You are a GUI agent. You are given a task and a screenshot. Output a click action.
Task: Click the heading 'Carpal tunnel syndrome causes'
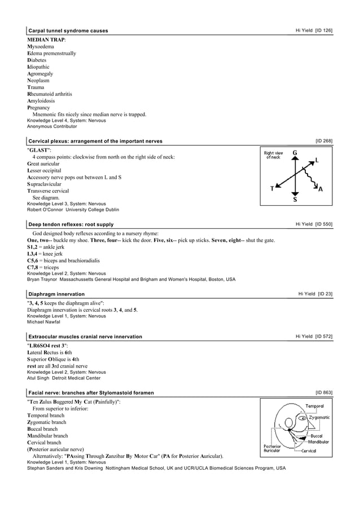(68, 30)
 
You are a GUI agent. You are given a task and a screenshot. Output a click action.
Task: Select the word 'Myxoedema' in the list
(43, 47)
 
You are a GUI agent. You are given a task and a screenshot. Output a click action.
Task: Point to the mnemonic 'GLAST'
(39, 150)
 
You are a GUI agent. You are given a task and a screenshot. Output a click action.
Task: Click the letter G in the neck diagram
(295, 153)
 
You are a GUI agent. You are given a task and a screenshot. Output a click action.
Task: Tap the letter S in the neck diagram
(295, 200)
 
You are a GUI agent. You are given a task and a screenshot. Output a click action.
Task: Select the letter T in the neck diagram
(272, 188)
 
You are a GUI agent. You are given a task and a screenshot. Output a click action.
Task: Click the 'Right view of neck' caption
(274, 155)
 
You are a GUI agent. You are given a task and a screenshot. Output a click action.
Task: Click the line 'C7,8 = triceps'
(46, 267)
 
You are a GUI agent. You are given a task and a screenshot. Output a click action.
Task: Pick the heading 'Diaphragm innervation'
(56, 294)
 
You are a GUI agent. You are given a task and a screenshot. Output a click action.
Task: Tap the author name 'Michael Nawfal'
(43, 323)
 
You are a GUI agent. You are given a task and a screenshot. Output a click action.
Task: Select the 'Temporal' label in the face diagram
(314, 406)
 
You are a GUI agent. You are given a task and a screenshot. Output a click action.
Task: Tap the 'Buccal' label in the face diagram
(317, 436)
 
